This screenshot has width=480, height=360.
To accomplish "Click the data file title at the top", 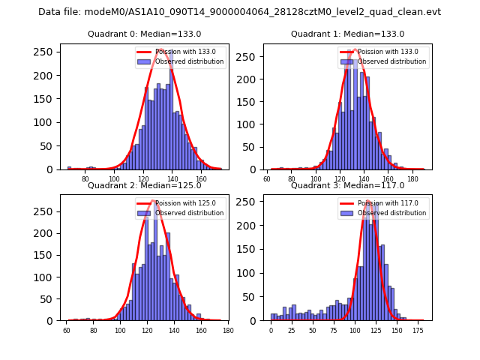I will click(x=239, y=12).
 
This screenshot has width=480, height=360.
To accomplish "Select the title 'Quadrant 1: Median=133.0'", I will click(x=347, y=34).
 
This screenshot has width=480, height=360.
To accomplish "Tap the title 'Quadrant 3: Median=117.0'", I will click(x=347, y=185).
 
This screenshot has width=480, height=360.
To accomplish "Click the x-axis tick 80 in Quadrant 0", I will click(x=85, y=180).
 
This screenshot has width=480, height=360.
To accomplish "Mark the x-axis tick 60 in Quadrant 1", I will click(x=268, y=180).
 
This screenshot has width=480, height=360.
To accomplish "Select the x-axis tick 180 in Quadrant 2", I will click(x=228, y=331).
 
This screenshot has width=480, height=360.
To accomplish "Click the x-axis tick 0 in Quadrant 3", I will click(x=271, y=331).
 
